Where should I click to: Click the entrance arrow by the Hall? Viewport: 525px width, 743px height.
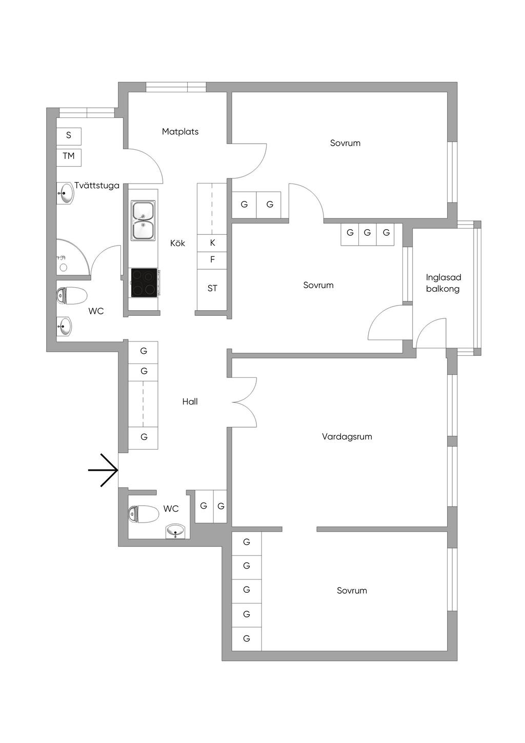tap(104, 470)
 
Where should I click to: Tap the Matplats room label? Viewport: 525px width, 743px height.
tap(180, 132)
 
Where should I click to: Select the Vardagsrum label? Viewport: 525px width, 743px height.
tap(347, 437)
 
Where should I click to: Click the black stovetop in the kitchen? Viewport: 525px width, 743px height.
tap(144, 283)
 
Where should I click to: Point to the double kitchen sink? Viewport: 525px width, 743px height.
tap(144, 221)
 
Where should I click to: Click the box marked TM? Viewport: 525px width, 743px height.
tap(69, 156)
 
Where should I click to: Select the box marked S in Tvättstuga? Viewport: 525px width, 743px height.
tap(69, 136)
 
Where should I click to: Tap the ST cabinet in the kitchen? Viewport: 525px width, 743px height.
tap(212, 288)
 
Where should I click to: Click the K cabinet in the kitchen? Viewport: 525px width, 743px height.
tap(212, 243)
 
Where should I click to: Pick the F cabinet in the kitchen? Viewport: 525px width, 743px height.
tap(212, 260)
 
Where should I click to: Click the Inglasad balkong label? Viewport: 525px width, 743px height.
tap(443, 283)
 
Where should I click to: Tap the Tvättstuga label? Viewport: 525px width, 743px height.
tap(97, 186)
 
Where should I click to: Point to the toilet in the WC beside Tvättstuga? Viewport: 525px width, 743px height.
tap(71, 296)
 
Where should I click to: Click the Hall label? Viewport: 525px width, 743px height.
tap(190, 402)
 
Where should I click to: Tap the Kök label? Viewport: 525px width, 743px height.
tap(178, 243)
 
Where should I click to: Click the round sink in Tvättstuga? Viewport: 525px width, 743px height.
tap(64, 194)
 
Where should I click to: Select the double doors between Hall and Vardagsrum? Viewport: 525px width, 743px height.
tap(244, 401)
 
